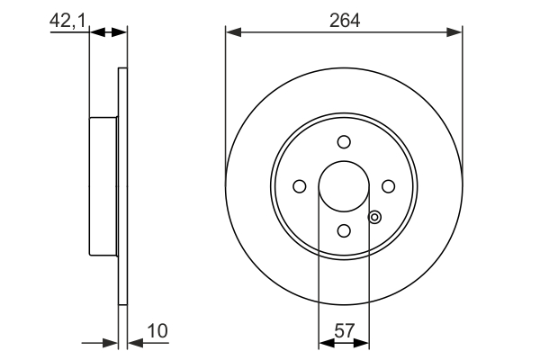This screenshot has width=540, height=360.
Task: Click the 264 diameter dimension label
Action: click(x=345, y=21)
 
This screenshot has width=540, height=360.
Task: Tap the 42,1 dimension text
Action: click(x=67, y=21)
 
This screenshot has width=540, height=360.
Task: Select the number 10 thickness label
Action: click(x=157, y=330)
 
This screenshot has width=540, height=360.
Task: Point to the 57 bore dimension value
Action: click(x=344, y=331)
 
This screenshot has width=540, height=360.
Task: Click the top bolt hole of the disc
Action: click(x=344, y=141)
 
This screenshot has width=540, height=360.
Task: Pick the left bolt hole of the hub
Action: click(x=300, y=186)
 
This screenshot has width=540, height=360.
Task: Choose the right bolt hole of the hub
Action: click(x=389, y=186)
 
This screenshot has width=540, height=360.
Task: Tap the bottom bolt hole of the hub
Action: click(x=344, y=230)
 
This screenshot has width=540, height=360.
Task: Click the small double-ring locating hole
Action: click(x=374, y=218)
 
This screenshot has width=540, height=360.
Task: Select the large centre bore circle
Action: click(x=344, y=162)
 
